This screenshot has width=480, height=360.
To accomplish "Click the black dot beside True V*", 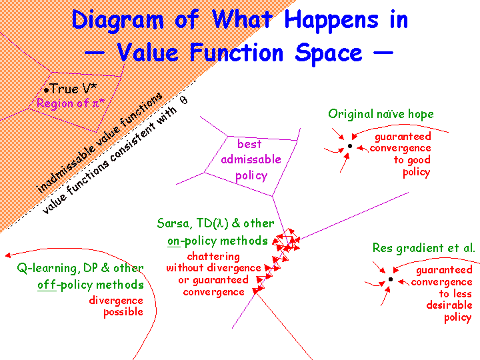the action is point(46,90).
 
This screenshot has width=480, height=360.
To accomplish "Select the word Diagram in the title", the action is point(117,20).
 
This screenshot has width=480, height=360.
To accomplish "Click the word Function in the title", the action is point(237,53).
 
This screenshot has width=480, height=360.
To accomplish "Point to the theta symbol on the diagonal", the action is point(184,100).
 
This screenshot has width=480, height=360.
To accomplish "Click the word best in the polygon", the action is point(249,144).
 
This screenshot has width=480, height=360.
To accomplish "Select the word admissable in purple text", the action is point(251,159).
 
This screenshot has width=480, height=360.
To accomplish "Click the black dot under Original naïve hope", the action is point(350,146).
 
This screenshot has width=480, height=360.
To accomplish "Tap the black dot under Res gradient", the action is point(391,279).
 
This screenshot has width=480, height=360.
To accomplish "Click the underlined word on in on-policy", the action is point(173,241).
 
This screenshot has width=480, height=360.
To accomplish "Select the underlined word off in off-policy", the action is point(47,285).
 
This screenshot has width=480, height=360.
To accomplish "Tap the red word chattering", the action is point(213,257).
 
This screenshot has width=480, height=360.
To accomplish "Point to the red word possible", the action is point(123,313).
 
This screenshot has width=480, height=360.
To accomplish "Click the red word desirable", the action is point(449,305).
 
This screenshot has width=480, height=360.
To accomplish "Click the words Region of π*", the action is point(71,103).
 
